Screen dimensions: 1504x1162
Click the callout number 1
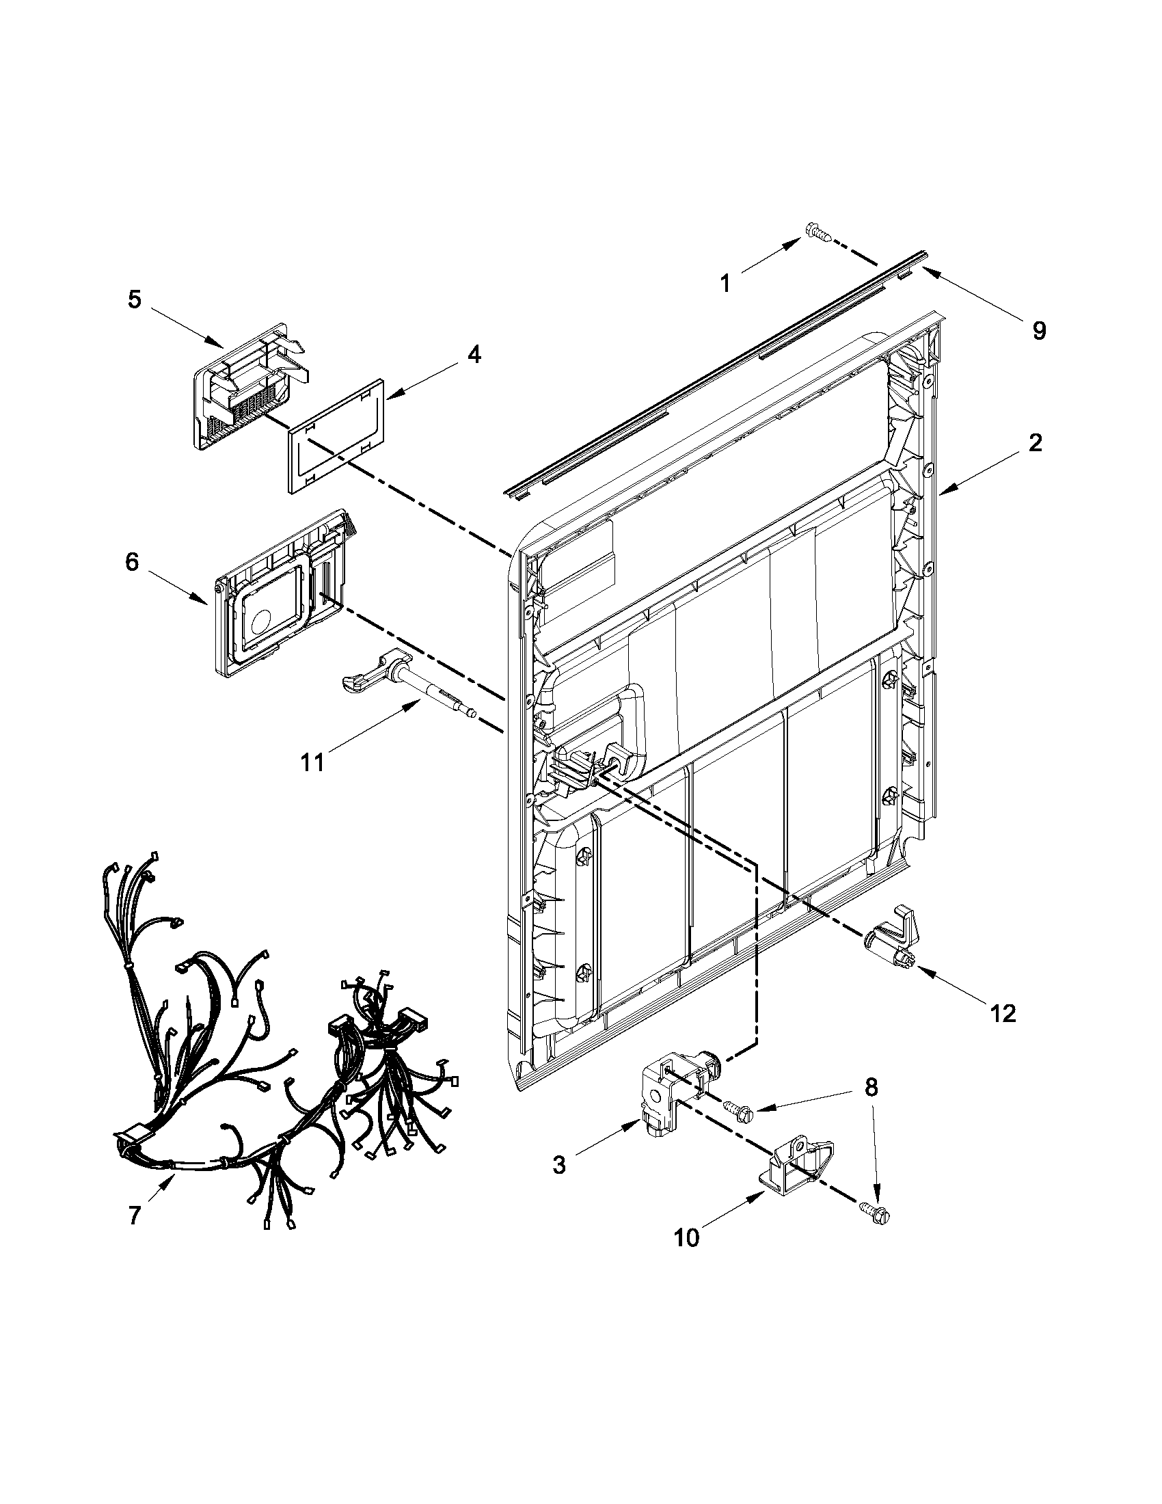point(724,283)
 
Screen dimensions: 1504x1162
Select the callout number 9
point(1039,332)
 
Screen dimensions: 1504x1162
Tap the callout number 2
point(1035,443)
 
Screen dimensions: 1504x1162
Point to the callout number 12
point(1004,1013)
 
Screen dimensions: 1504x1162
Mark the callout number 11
point(312,762)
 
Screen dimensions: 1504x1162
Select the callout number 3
point(559,1165)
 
